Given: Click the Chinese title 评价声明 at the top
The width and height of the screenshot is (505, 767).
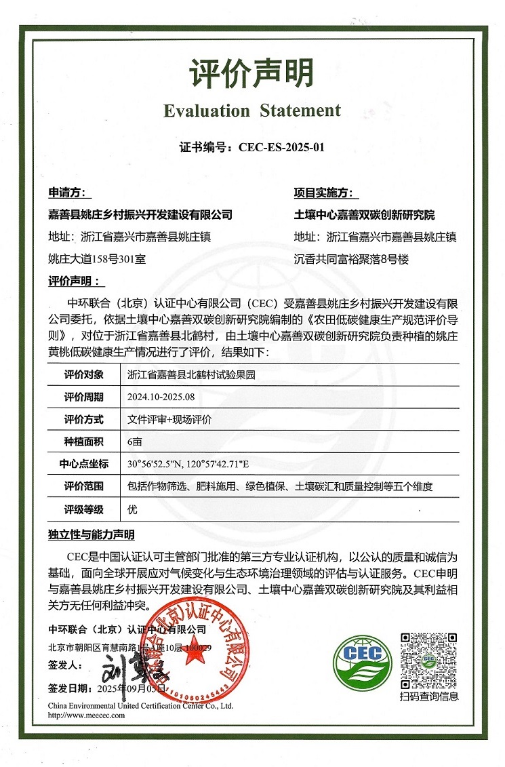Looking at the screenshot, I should point(251,73).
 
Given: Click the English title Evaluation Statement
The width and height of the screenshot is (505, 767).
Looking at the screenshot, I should point(251,110).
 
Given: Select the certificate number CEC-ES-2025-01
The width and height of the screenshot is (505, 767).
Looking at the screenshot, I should point(277,146).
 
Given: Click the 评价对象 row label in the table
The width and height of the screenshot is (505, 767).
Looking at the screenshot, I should point(83,374).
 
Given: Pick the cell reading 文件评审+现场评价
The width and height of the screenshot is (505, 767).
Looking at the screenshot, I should point(169,420).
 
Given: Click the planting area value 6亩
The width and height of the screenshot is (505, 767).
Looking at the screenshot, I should point(135,441).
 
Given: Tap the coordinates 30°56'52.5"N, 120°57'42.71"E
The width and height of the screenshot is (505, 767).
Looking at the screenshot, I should point(189,464).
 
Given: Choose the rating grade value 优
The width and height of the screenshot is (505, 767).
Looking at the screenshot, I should point(132,509).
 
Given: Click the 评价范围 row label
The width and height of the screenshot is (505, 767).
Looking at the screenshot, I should point(83,486).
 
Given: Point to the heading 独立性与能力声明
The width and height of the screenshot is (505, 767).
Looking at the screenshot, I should point(92,535).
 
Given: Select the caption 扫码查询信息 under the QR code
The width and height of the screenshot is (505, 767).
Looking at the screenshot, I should point(428,696).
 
